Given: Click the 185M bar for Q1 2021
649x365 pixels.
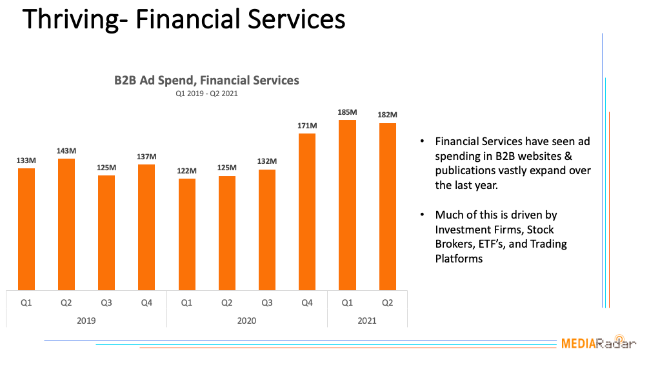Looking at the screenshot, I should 347,204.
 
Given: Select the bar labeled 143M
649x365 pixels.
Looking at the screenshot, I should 66,224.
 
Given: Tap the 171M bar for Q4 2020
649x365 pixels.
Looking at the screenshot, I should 307,212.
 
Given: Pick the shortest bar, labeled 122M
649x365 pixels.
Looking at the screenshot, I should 186,234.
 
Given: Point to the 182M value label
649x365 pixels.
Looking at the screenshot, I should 387,115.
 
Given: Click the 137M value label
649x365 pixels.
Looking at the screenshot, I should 146,157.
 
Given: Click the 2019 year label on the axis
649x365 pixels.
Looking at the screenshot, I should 86,321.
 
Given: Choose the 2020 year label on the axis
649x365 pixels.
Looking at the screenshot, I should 246,321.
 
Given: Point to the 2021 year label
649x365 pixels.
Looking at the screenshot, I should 367,321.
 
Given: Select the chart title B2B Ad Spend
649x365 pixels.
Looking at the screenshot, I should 206,81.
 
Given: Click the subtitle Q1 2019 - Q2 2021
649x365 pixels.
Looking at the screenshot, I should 206,94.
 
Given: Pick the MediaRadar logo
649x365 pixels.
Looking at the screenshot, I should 597,343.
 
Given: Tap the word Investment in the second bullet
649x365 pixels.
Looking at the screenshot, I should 463,230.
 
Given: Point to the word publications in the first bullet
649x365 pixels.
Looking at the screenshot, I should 466,171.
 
